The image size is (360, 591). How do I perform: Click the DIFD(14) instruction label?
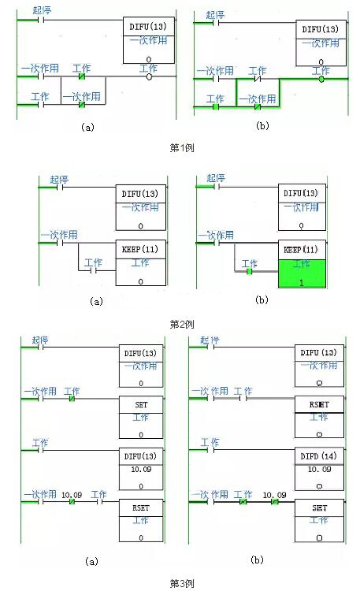[x=318, y=455]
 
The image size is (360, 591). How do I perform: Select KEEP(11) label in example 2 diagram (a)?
[x=141, y=247]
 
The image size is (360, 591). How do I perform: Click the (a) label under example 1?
[x=87, y=125]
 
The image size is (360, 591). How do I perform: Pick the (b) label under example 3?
[x=257, y=559]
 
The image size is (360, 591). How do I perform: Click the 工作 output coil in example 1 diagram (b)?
[x=321, y=79]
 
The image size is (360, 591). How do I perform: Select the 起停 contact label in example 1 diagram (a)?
[x=43, y=10]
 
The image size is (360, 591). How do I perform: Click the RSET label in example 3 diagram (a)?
[x=141, y=508]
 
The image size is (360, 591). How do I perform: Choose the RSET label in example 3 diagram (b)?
[x=318, y=401]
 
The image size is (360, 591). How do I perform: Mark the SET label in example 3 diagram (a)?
[x=141, y=403]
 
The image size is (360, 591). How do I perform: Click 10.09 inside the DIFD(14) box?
[x=318, y=469]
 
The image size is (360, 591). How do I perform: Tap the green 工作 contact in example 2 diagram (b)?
[x=249, y=272]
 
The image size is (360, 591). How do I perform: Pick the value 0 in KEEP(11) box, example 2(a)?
[x=141, y=280]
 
